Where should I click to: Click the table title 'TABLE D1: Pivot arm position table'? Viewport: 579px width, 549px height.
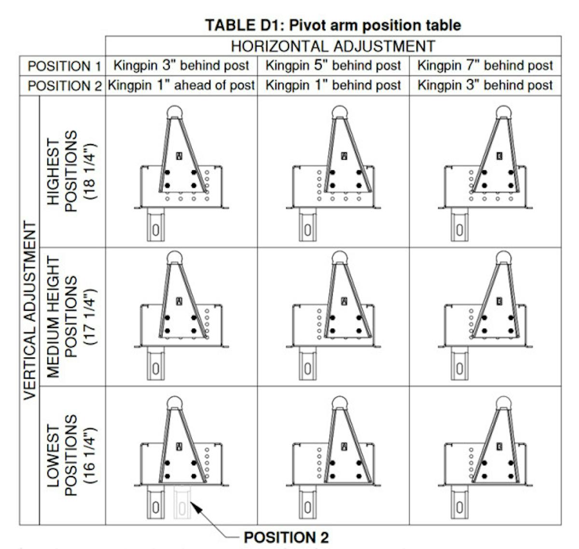[x=333, y=25]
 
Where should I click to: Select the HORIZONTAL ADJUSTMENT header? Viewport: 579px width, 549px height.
[x=333, y=46]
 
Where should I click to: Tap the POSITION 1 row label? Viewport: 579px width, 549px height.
[x=65, y=66]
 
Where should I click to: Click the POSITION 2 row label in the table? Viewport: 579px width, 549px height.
[x=65, y=86]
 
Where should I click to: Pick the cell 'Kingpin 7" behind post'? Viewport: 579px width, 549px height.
[x=485, y=66]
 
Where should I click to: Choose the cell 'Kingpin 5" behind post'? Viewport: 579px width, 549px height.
[x=333, y=66]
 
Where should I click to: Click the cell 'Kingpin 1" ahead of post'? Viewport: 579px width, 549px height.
[x=181, y=85]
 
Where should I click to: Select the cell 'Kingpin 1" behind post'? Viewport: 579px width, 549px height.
[x=333, y=85]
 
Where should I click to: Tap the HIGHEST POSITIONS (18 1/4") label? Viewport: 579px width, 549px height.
[x=71, y=171]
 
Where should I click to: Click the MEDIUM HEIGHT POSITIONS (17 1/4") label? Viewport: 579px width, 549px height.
[x=71, y=316]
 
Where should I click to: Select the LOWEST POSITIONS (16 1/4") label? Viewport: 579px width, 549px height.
[x=71, y=455]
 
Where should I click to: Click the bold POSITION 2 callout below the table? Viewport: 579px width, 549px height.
[x=286, y=537]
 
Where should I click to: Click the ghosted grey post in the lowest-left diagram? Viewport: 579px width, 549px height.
[x=182, y=502]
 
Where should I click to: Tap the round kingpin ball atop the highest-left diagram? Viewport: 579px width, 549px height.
[x=175, y=112]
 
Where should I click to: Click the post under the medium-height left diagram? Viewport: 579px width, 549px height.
[x=155, y=364]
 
